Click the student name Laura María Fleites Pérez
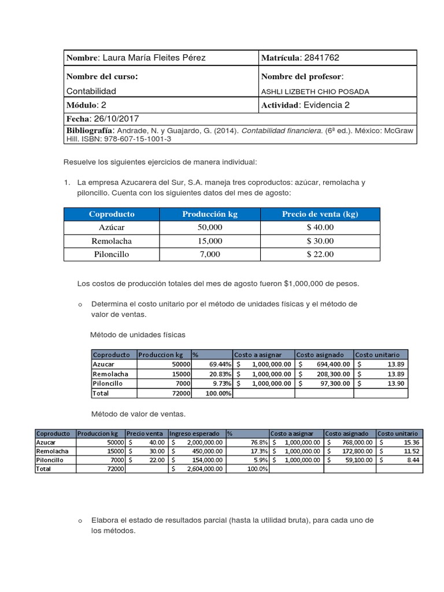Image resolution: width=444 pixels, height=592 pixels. click(154, 58)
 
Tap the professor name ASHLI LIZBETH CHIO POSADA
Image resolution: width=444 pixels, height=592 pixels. click(315, 91)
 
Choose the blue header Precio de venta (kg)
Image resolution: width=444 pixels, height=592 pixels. click(320, 214)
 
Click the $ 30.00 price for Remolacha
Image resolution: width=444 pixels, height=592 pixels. click(320, 240)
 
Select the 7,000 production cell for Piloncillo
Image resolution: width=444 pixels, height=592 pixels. click(210, 254)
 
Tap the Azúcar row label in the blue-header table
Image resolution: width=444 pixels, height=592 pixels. click(112, 227)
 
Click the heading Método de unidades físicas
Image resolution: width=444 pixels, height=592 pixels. click(138, 335)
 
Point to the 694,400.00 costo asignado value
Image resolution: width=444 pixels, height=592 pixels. click(330, 364)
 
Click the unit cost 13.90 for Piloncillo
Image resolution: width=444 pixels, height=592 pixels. click(396, 383)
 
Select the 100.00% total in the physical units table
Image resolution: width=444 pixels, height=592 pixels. click(219, 393)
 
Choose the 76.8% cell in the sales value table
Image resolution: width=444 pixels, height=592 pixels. click(259, 442)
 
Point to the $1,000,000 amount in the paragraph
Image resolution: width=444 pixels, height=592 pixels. click(306, 284)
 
